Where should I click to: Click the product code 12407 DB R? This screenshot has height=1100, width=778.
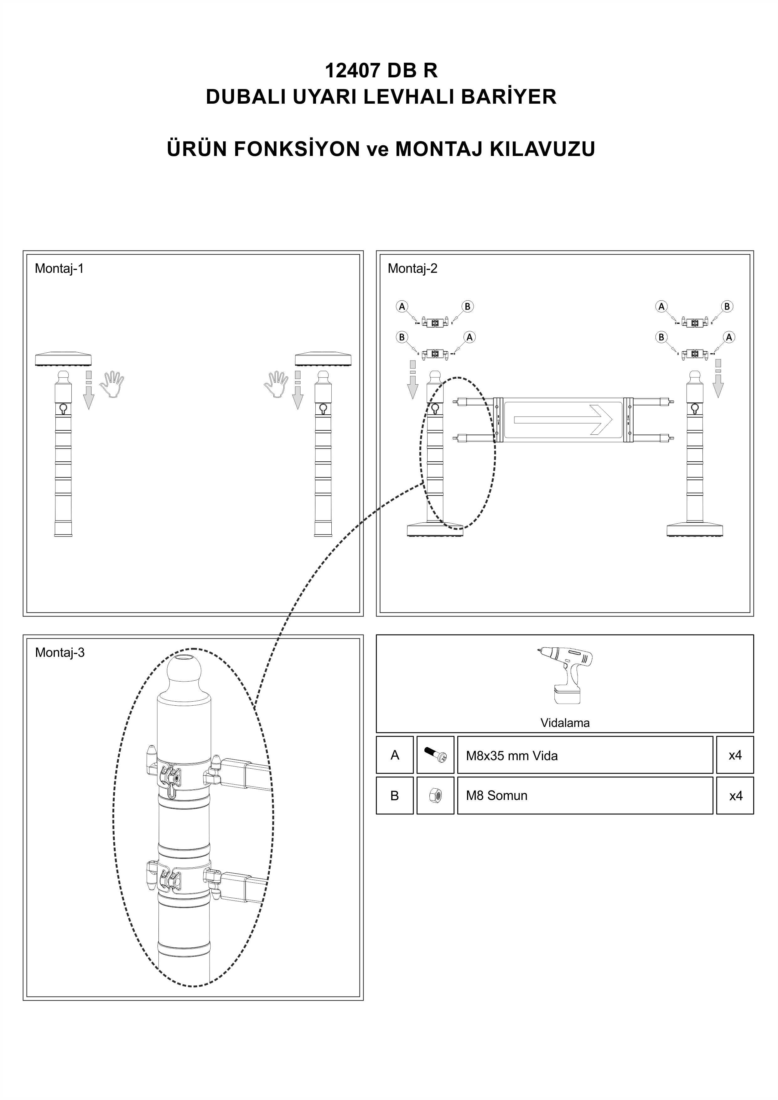381,70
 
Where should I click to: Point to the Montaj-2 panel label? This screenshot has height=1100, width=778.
412,268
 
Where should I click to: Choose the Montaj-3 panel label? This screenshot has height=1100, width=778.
60,652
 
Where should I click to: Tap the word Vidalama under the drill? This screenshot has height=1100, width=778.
565,723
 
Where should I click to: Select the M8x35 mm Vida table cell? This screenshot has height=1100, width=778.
585,755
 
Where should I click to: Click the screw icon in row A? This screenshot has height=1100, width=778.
435,755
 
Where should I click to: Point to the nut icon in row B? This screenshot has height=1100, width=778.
435,796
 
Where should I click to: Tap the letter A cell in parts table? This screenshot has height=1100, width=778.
395,755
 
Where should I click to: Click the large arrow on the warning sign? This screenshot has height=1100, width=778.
563,420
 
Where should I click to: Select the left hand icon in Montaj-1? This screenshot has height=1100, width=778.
112,384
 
